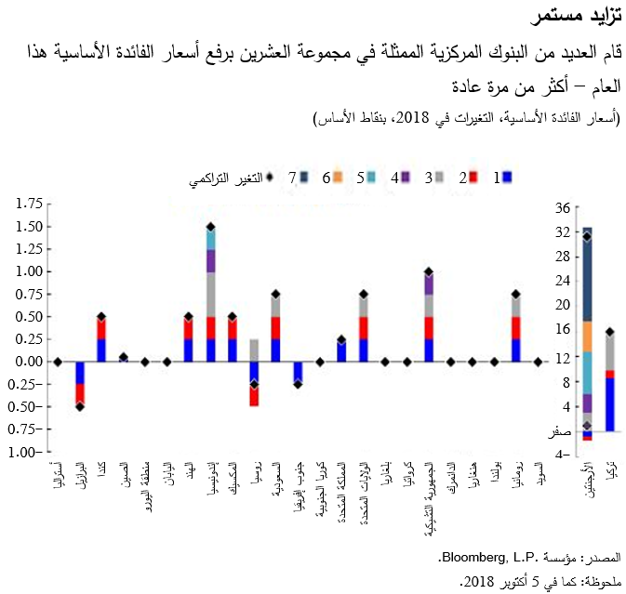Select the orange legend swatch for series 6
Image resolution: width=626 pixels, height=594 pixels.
(339, 176)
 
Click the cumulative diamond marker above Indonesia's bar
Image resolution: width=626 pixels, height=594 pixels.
(211, 227)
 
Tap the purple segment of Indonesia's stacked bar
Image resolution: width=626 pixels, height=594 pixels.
(211, 260)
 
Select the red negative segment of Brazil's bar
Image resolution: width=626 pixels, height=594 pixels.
(80, 394)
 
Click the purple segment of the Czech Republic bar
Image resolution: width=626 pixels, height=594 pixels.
(429, 284)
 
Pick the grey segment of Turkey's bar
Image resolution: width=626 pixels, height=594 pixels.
(610, 351)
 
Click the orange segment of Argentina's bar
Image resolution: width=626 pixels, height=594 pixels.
(587, 336)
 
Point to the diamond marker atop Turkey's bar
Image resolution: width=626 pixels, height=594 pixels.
(610, 332)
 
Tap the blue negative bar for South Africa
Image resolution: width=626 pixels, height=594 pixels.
(298, 372)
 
